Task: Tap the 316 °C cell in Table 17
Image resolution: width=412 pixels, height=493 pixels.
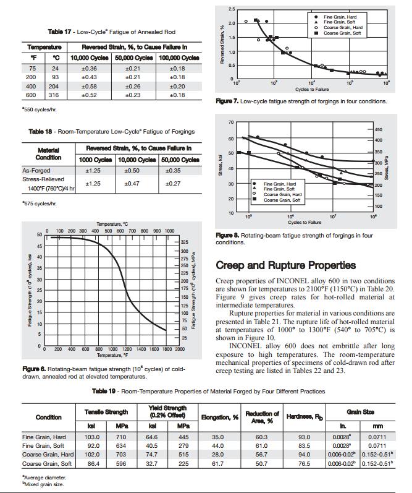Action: click(x=55, y=95)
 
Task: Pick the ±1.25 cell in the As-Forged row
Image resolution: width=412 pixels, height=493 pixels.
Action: click(x=93, y=170)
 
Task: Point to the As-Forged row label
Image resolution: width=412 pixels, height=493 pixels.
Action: click(x=36, y=170)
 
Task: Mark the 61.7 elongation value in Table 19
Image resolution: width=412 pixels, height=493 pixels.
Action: click(x=217, y=463)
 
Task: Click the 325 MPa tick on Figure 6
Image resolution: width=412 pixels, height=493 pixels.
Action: click(x=185, y=241)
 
